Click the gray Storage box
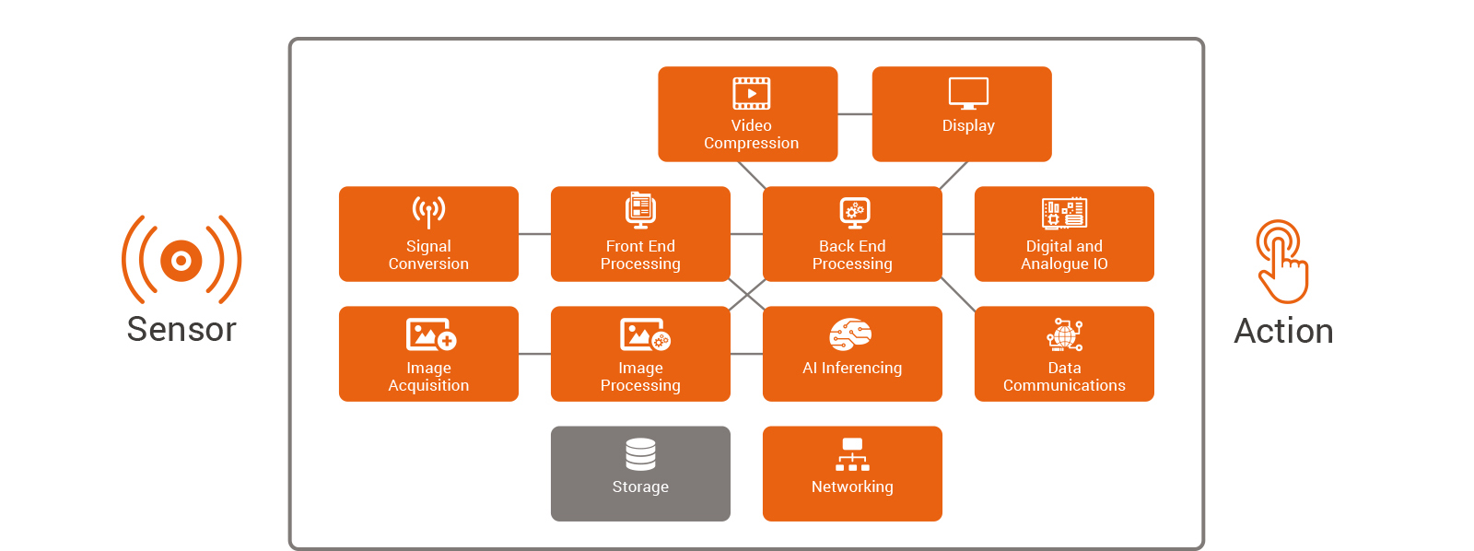click(x=640, y=474)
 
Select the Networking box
click(x=852, y=474)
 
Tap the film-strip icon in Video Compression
click(x=751, y=93)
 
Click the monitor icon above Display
click(x=968, y=93)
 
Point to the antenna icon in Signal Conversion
click(x=428, y=212)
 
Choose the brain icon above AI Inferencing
click(x=850, y=334)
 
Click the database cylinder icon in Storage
click(x=640, y=454)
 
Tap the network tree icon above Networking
click(x=852, y=454)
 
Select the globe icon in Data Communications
click(x=1064, y=334)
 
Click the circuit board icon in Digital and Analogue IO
click(x=1064, y=213)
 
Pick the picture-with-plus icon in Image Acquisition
click(x=431, y=334)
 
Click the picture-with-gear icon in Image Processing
click(x=645, y=334)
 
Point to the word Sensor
click(x=181, y=329)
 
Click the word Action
click(x=1284, y=331)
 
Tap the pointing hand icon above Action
click(x=1281, y=262)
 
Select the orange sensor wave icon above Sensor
click(x=181, y=260)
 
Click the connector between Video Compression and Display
click(x=855, y=114)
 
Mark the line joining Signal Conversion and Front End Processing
click(x=534, y=234)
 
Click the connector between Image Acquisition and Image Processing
click(x=534, y=354)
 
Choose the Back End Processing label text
click(x=852, y=254)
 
